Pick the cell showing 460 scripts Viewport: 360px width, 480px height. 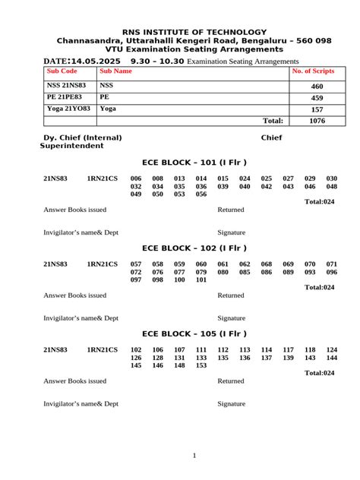click(317, 87)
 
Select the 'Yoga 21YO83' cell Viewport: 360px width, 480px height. click(68, 109)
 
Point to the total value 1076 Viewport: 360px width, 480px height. click(317, 121)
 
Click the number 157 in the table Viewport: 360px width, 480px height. click(317, 109)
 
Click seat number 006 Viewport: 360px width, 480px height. click(136, 178)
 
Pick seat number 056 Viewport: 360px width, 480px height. click(201, 194)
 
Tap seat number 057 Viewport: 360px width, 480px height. click(136, 264)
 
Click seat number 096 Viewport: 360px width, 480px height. click(332, 272)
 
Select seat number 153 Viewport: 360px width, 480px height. click(201, 366)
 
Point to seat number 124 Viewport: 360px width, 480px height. click(332, 349)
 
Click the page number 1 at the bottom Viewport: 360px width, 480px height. click(194, 456)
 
